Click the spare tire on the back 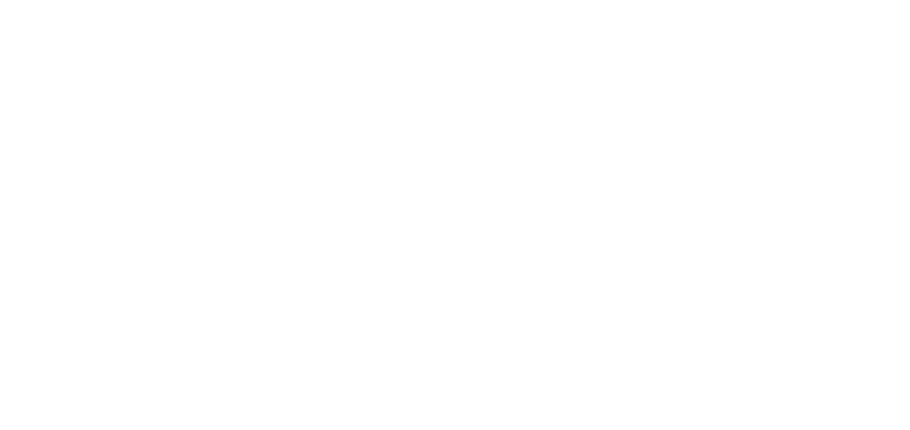click(x=786, y=236)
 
